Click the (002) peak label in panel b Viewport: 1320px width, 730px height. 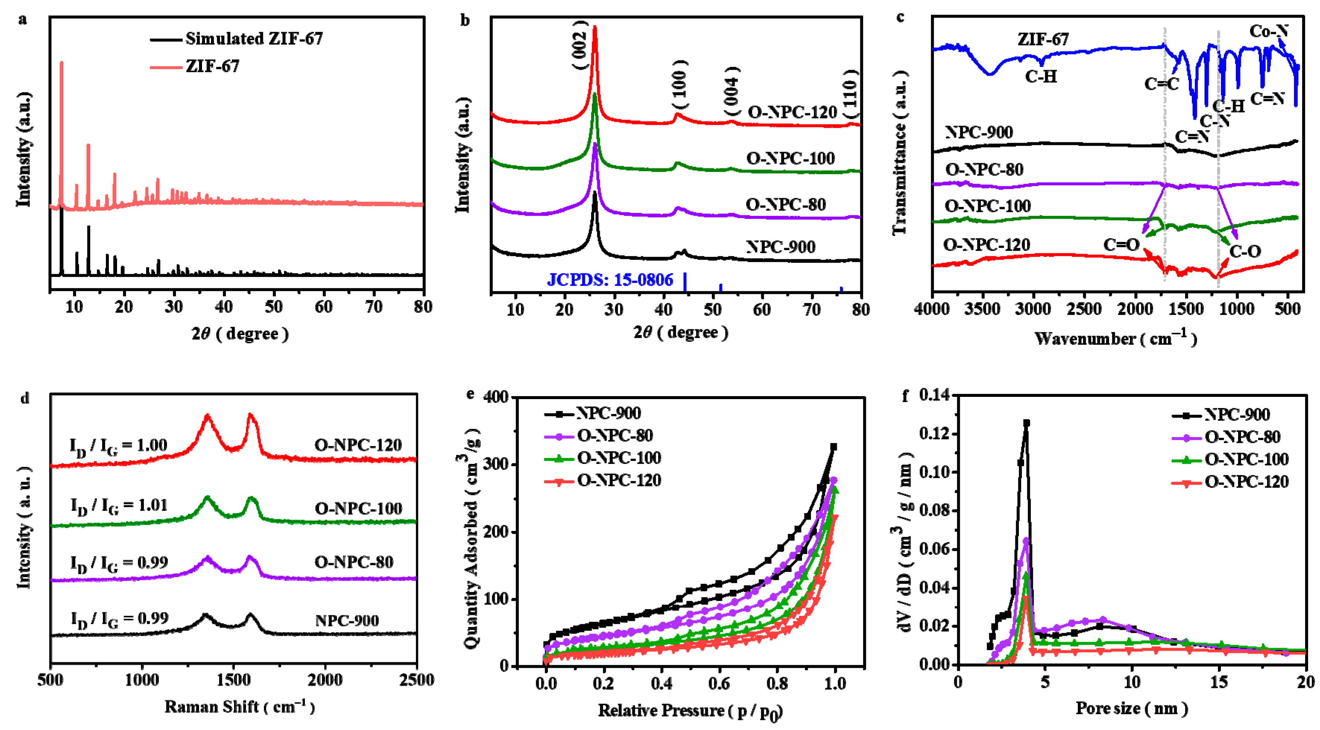579,45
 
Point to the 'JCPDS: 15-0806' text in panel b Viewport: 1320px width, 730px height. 610,280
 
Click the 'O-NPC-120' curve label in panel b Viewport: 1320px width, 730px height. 792,112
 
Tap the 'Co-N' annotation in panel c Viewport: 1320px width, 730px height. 1268,32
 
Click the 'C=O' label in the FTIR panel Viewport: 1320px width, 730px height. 1121,245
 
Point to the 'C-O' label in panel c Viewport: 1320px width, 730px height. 1245,252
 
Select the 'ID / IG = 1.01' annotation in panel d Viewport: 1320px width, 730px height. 119,506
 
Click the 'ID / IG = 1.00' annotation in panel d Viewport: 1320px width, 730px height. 119,446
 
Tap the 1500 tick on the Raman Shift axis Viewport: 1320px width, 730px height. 234,680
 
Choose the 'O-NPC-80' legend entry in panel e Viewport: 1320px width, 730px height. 615,436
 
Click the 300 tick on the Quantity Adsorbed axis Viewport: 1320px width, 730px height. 495,465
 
